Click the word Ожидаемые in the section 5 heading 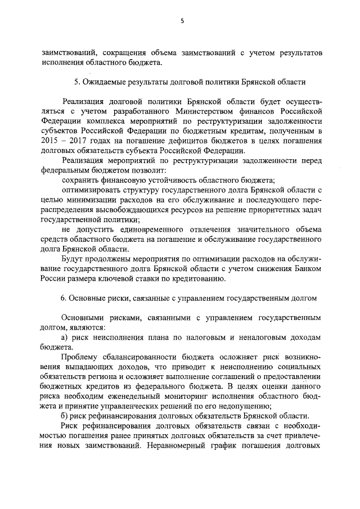coord(107,82)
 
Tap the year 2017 coord(76,141)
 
